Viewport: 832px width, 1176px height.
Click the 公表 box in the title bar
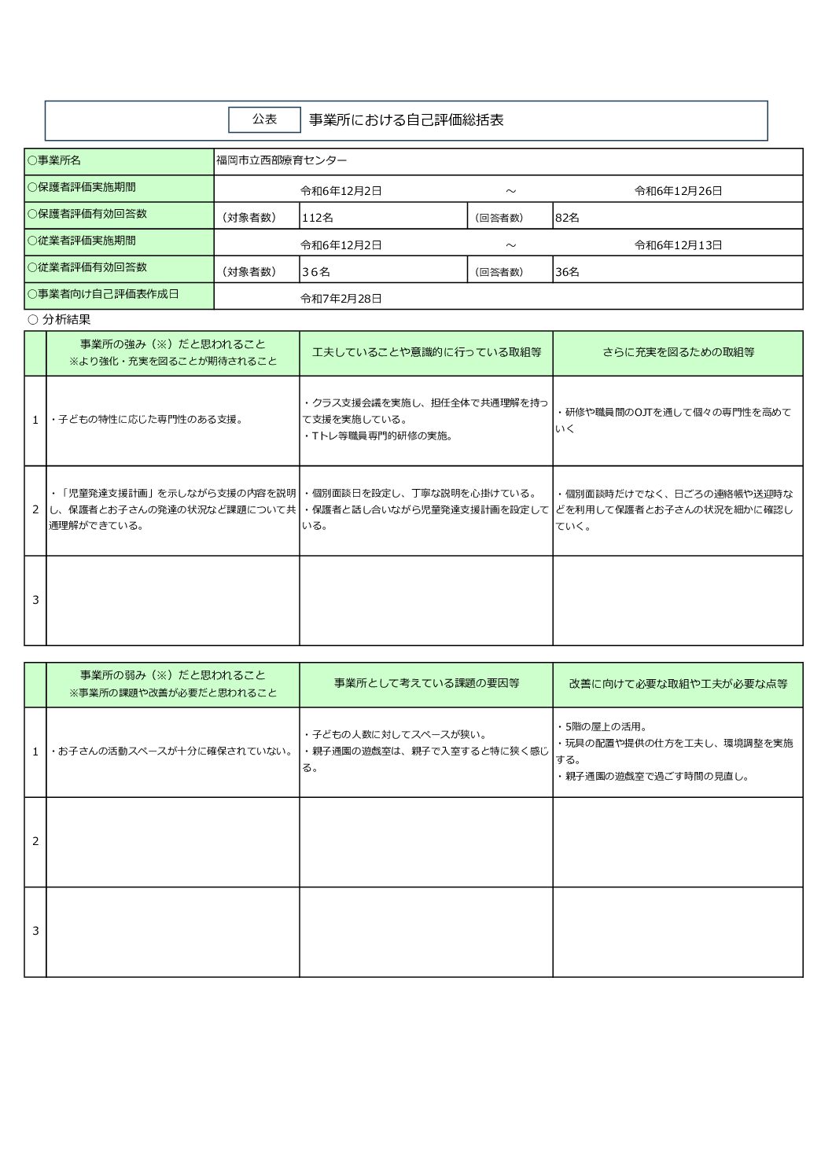264,119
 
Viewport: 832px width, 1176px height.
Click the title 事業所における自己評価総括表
406,120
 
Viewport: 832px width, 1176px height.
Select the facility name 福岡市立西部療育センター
282,160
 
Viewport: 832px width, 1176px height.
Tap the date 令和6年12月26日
678,191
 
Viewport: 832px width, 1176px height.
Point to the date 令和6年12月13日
678,245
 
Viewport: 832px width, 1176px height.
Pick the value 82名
567,218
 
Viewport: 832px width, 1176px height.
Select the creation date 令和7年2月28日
341,299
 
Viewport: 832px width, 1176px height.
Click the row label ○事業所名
54,160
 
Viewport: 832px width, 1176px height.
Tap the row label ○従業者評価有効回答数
87,267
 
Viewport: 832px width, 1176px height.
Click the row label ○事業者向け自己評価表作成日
103,294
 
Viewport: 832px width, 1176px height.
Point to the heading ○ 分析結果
59,320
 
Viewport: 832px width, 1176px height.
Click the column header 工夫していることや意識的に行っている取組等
426,353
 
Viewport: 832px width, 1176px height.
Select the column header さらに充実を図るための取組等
678,353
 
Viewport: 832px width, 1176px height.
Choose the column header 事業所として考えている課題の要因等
426,684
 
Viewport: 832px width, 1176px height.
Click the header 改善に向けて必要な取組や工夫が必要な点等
678,684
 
